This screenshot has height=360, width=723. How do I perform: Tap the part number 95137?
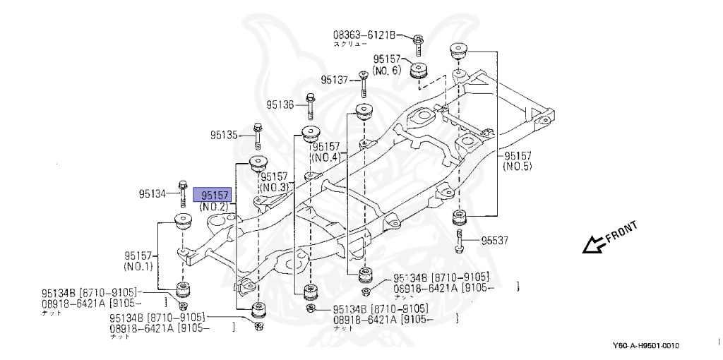click(335, 80)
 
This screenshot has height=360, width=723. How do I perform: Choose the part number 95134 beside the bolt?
click(154, 193)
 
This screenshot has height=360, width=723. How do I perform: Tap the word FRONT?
click(622, 232)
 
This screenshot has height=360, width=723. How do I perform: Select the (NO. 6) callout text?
click(386, 71)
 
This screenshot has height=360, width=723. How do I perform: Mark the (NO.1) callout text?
click(138, 268)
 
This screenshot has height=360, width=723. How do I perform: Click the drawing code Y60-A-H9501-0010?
click(645, 345)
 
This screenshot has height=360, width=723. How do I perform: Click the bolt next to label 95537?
click(461, 240)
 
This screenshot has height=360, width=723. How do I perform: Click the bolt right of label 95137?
click(362, 83)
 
